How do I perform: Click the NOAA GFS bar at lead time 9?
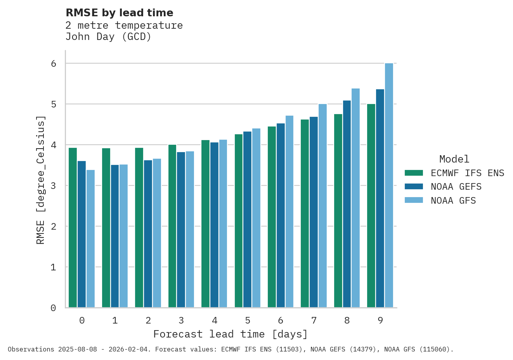pos(389,185)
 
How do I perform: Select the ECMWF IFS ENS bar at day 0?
pos(73,227)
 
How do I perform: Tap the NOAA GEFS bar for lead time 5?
pos(247,219)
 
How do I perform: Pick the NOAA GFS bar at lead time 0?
pos(90,239)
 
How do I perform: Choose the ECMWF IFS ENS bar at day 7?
pos(305,213)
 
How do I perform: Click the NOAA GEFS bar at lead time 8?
pos(347,204)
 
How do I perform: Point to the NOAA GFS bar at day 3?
pos(190,229)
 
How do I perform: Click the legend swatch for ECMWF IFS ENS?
pos(414,173)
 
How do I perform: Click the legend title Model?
pos(454,159)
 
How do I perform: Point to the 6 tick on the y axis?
pos(54,64)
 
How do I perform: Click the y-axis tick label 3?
pos(54,186)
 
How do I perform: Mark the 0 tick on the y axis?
pos(54,308)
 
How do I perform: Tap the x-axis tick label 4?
pos(215,320)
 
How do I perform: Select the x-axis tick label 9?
pos(380,320)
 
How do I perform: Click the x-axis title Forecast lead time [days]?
pos(231,334)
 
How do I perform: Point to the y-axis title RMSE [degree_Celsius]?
pos(41,180)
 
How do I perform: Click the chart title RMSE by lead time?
pos(120,13)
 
